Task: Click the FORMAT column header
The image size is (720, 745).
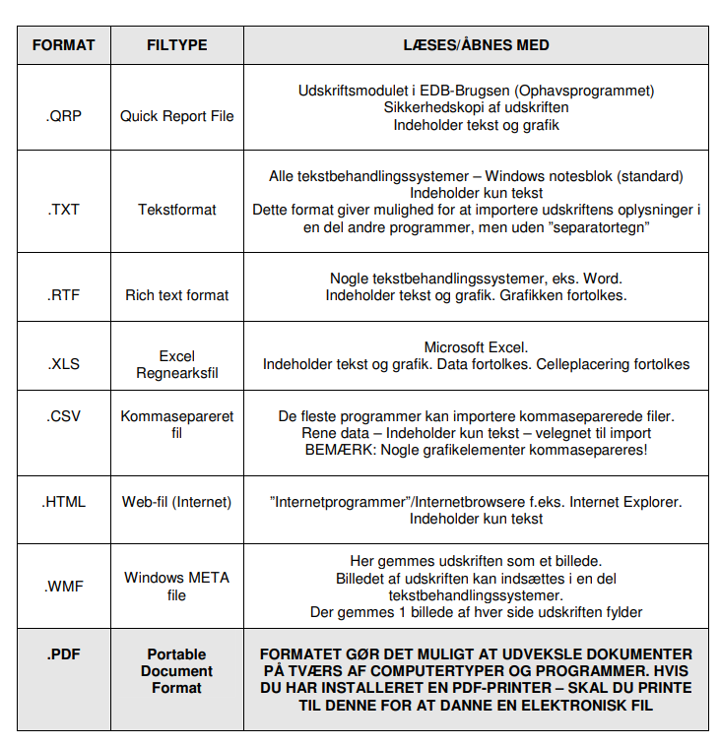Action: (x=63, y=45)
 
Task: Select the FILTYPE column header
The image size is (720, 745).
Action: (x=176, y=45)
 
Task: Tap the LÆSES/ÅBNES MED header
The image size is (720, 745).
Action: (x=476, y=45)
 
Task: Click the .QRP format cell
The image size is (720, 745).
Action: (x=63, y=116)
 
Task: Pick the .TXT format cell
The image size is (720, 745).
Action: (x=63, y=209)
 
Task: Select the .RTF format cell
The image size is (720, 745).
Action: (x=63, y=294)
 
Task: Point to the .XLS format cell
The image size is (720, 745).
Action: (x=63, y=363)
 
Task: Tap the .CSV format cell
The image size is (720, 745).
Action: (x=63, y=416)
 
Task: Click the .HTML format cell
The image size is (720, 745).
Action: (x=63, y=501)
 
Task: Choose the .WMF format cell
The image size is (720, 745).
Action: (x=63, y=586)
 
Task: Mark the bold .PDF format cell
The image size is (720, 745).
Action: (x=63, y=653)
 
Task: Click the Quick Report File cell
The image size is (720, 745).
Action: (x=176, y=116)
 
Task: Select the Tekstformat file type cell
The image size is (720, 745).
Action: (x=176, y=209)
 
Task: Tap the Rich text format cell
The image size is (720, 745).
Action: (x=176, y=294)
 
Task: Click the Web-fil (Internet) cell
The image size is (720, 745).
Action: (x=176, y=501)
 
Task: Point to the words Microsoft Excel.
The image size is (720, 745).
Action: (x=476, y=347)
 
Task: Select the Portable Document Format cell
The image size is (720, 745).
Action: (x=176, y=670)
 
